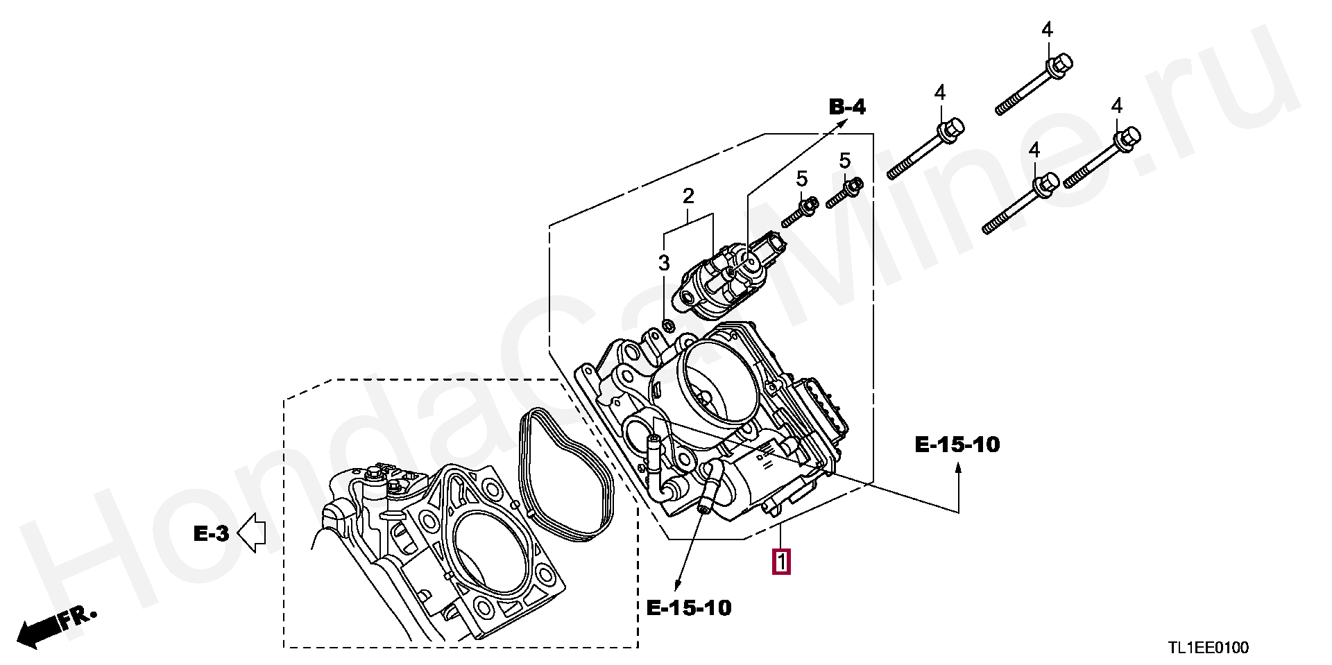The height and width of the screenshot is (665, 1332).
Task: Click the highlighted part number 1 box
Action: pos(781,561)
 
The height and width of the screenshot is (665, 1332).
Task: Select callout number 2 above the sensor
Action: pos(688,196)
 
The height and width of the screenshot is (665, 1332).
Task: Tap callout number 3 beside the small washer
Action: pos(664,263)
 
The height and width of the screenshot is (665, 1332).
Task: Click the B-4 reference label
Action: pos(847,107)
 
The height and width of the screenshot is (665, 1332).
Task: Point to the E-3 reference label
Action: pos(210,533)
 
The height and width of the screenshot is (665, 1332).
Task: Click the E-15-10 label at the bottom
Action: pos(689,608)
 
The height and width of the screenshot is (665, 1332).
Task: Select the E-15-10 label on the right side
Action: pos(957,444)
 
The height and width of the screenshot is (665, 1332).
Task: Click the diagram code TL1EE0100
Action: pos(1208,648)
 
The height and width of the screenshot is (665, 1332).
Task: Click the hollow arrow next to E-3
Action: pos(252,533)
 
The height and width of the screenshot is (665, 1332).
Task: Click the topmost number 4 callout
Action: pos(1047,30)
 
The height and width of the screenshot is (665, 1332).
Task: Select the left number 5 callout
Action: pos(802,179)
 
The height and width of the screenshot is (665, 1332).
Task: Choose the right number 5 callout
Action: pos(844,160)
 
